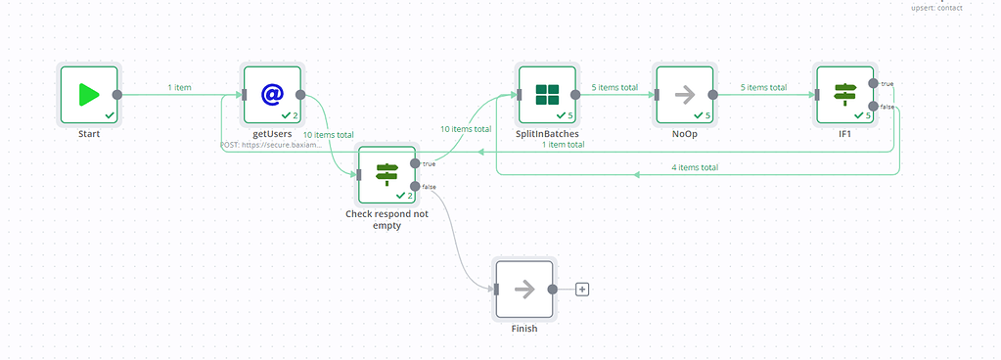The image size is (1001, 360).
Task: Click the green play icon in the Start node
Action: [x=88, y=95]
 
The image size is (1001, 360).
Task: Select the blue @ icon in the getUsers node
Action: [x=272, y=95]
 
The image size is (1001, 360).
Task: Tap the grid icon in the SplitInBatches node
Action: [x=547, y=95]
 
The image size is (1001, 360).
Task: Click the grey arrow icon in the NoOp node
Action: [x=685, y=95]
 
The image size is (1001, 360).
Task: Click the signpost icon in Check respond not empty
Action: [x=387, y=174]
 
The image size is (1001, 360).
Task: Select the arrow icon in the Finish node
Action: [x=525, y=289]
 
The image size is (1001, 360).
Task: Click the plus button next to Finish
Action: [x=582, y=290]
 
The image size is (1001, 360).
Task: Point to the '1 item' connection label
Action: [x=178, y=87]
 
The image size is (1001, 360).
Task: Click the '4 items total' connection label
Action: [x=696, y=167]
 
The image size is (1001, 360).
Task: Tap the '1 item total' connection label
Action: [x=564, y=144]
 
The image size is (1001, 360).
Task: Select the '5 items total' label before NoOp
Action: [x=614, y=87]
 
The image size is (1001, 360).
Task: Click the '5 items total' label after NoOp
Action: [x=763, y=87]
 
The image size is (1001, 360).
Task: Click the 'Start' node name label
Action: [x=88, y=134]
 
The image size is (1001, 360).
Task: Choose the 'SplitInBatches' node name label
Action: [x=547, y=134]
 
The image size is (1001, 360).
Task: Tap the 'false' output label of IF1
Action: [x=887, y=107]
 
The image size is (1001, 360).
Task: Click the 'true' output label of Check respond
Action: [x=429, y=163]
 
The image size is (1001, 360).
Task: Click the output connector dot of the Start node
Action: [x=117, y=95]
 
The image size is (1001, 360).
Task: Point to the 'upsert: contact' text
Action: [x=936, y=8]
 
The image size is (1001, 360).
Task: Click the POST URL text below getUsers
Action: [x=270, y=145]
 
